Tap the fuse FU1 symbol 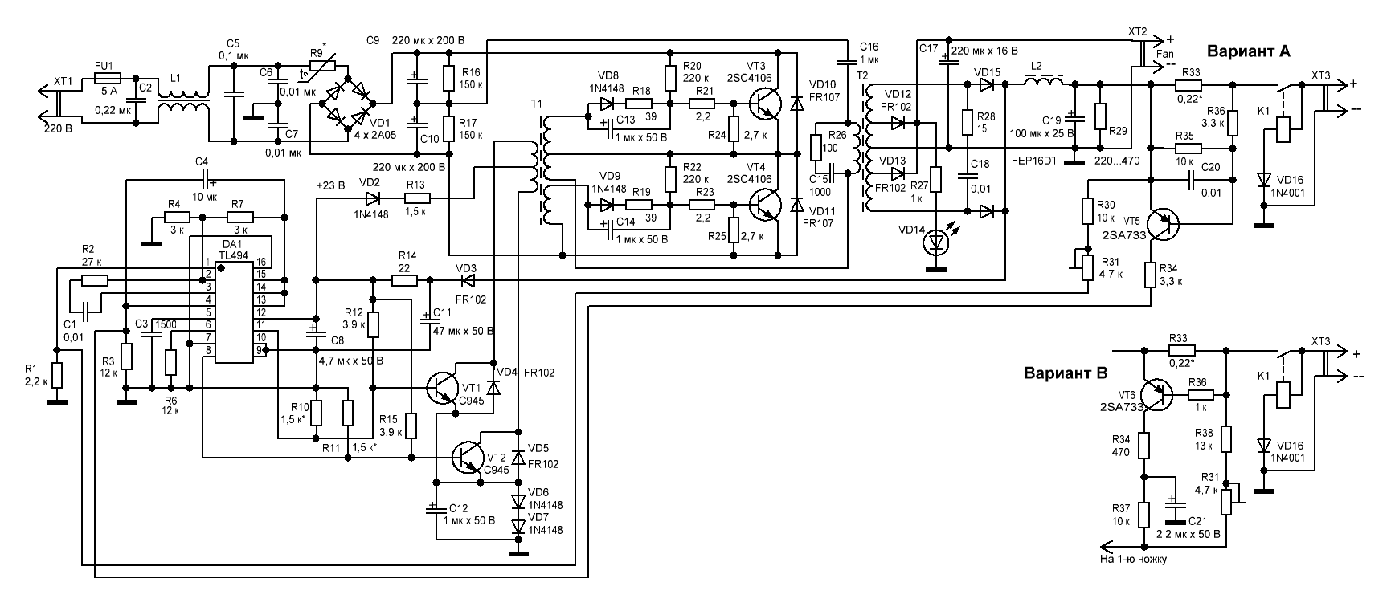(x=108, y=78)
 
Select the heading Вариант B (x=1066, y=373)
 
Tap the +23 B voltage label (x=329, y=185)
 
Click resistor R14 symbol (x=404, y=280)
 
